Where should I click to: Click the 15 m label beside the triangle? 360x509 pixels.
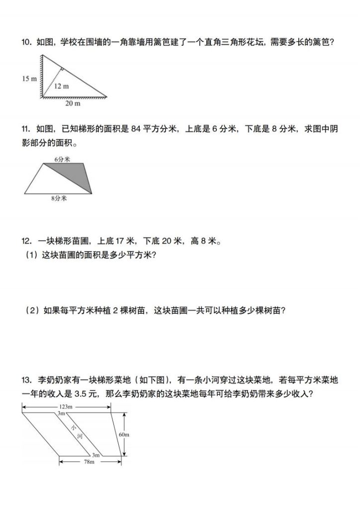[x=29, y=79]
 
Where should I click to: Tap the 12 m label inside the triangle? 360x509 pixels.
[x=62, y=86]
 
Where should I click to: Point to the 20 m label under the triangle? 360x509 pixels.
[x=73, y=104]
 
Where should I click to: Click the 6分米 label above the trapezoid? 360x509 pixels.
[x=62, y=159]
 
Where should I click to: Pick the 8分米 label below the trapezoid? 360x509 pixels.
[x=59, y=198]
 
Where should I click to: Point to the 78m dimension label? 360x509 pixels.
[x=90, y=462]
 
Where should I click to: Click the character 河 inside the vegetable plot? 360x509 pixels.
[x=80, y=436]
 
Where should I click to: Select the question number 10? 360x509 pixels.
[x=26, y=43]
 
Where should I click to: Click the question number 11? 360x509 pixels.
[x=26, y=129]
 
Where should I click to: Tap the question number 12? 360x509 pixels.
[x=26, y=242]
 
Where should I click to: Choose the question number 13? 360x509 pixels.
[x=26, y=381]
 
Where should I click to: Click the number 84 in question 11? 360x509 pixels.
[x=136, y=129]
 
